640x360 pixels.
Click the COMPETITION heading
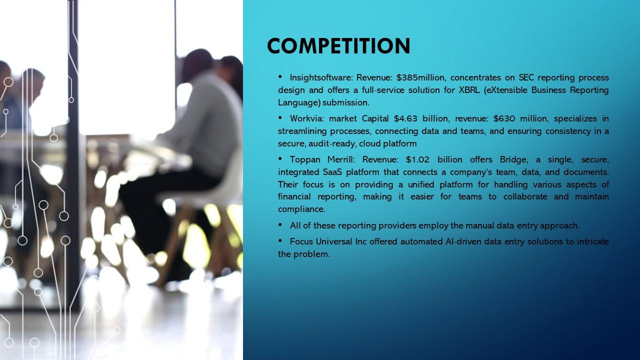(x=338, y=46)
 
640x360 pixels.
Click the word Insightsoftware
(x=321, y=77)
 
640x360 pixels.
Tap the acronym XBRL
(x=469, y=90)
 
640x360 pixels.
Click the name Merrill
(x=341, y=159)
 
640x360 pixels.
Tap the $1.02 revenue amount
(x=417, y=159)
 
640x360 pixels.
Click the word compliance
(x=301, y=209)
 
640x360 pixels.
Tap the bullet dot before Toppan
(x=280, y=158)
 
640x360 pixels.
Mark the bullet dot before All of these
(x=280, y=224)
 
